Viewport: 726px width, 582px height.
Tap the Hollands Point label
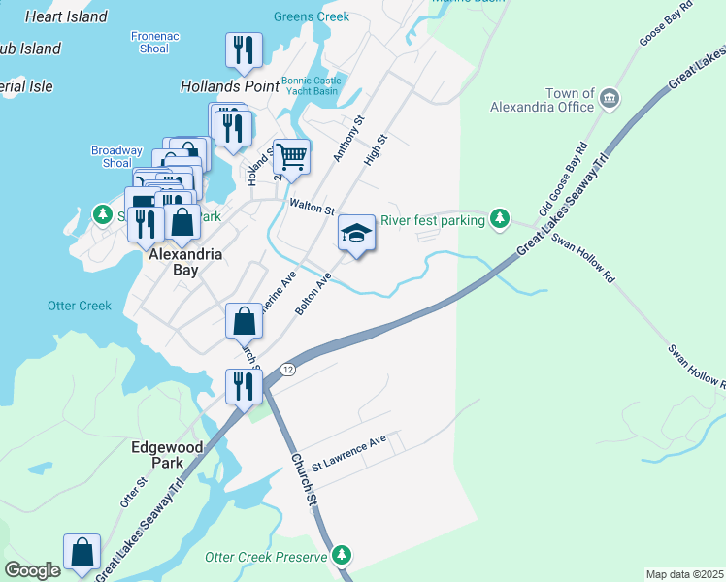230,86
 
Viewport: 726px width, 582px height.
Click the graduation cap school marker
356,234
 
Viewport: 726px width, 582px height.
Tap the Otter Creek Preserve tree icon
341,555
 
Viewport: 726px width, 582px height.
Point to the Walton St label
312,207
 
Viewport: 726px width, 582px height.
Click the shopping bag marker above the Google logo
82,551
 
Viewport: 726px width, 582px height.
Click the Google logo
32,570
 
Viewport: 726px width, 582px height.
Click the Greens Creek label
310,16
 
